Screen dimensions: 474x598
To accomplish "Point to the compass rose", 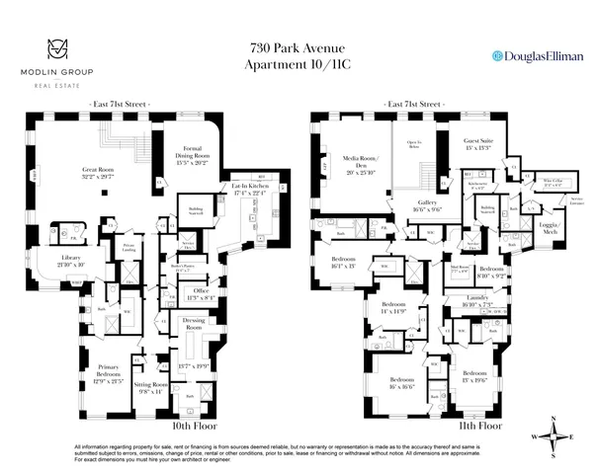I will coord(556,435).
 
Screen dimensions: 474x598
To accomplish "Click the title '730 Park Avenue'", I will coord(299,47).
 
